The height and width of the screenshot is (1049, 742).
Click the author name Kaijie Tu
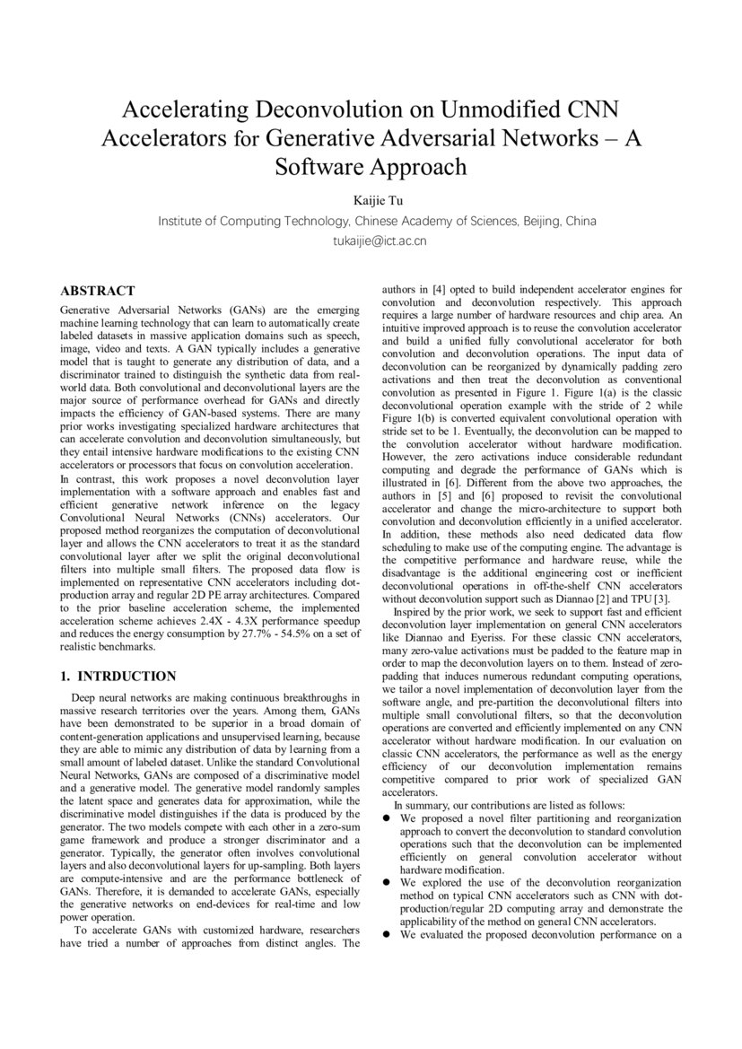click(x=371, y=198)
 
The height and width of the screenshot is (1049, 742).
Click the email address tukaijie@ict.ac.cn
click(x=371, y=240)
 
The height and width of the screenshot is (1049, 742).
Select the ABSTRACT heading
click(x=98, y=291)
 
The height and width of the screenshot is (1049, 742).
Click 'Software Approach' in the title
click(x=371, y=167)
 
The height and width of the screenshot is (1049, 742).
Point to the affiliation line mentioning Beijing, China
click(x=377, y=220)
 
